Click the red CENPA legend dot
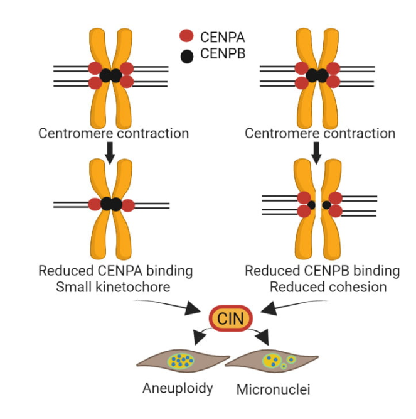click(186, 36)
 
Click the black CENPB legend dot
click(186, 55)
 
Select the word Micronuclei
click(273, 389)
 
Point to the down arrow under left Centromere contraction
click(110, 151)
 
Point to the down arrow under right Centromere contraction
click(317, 151)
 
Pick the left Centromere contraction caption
click(114, 133)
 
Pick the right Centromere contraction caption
click(320, 133)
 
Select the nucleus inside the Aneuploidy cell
click(182, 361)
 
